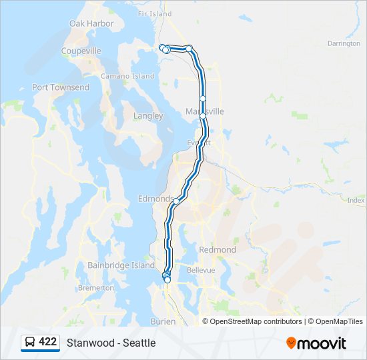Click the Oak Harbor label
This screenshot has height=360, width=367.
pos(91,23)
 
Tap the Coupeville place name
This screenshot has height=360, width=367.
pos(81,51)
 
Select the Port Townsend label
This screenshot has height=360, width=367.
pos(61,87)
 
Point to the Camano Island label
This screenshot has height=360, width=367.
pos(127,76)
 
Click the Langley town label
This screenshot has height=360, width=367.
pos(148,115)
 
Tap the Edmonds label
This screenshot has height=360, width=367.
pos(154,199)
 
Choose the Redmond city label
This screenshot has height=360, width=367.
pos(218,249)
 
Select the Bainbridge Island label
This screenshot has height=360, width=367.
pos(121,265)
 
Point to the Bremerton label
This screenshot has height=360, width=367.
pos(95,288)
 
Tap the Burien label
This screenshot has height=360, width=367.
pos(163,321)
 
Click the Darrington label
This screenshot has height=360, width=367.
pos(344,43)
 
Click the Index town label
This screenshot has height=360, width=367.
pos(356,200)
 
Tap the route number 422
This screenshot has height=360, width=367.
pos(48,342)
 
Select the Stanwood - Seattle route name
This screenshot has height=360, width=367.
pos(111,343)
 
